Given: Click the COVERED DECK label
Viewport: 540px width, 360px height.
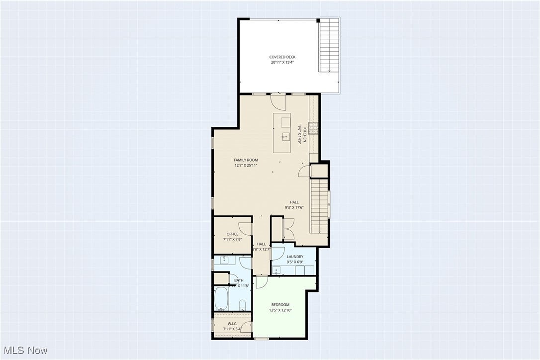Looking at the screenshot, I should click(282, 57).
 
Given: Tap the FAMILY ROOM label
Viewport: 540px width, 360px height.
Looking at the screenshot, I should click(246, 160).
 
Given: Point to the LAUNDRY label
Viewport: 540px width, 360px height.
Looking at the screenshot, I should click(295, 257).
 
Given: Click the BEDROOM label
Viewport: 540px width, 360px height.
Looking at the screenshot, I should click(280, 305).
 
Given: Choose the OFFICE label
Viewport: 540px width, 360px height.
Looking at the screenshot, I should click(232, 234).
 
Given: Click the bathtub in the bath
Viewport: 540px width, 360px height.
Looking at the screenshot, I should click(221, 299).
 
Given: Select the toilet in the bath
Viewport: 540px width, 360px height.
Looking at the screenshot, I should click(242, 304).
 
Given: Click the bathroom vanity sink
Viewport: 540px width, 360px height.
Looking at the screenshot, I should click(224, 260).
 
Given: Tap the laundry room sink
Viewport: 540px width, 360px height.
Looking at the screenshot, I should click(276, 270).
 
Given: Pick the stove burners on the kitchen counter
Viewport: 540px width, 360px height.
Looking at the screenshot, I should click(313, 128).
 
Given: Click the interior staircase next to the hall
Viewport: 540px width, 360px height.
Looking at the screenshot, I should click(319, 206).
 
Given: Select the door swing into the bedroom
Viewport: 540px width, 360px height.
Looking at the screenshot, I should click(262, 282).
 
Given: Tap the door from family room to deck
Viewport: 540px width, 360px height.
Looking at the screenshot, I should click(278, 101).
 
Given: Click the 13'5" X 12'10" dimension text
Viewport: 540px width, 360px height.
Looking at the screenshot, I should click(280, 310).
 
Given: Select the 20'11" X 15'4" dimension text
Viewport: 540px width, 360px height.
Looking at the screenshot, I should click(282, 63).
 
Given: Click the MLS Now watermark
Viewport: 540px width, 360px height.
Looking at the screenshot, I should click(24, 351).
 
